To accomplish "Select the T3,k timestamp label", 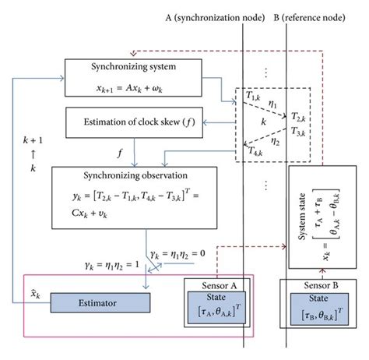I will [x=299, y=130].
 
